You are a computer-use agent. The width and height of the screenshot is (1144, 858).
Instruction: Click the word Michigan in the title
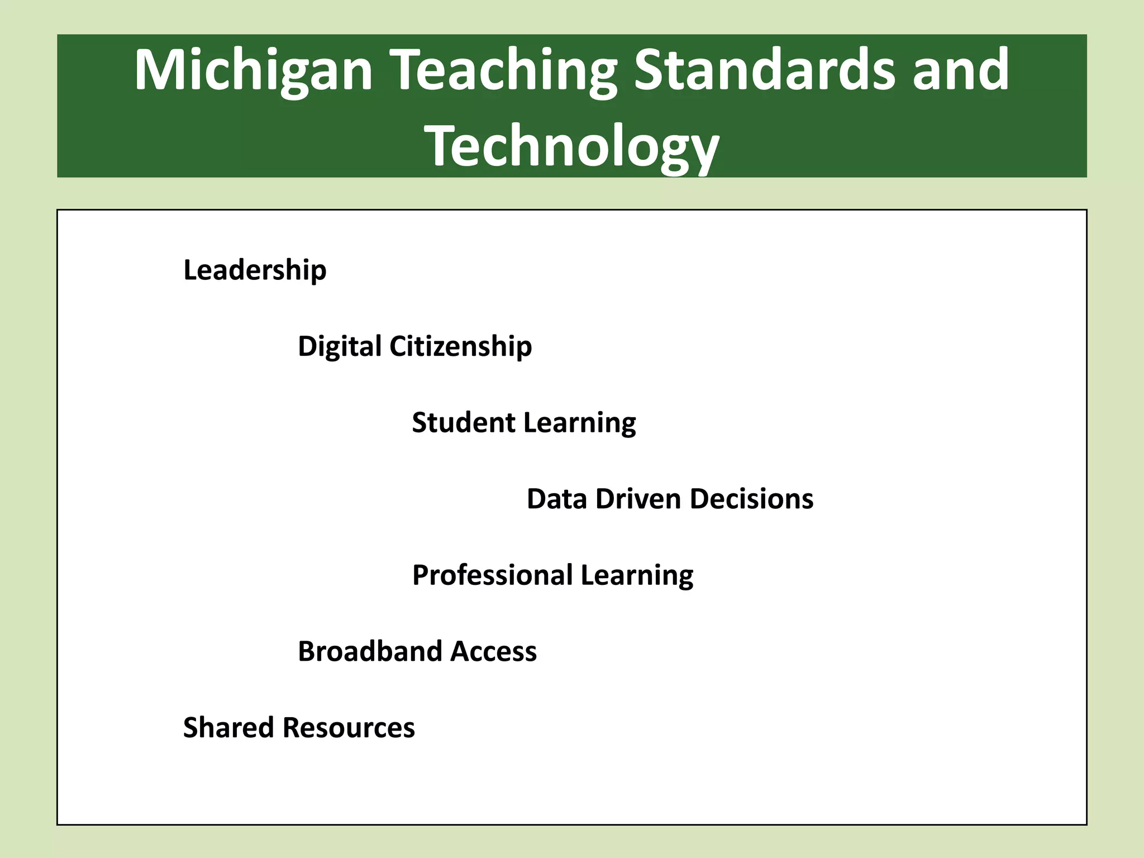click(x=253, y=70)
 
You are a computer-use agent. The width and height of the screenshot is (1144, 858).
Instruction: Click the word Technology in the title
click(x=572, y=146)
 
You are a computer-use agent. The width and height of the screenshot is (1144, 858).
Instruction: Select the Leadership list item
click(x=255, y=270)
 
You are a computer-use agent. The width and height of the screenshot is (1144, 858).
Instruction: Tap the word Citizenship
click(x=460, y=347)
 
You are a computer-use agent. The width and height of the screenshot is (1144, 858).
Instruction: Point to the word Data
click(x=557, y=499)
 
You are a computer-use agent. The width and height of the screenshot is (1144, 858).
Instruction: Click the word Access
click(x=494, y=651)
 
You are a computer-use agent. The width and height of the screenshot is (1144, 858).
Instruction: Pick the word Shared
click(x=228, y=728)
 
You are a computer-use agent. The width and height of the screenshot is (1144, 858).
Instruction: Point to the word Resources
click(x=349, y=728)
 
